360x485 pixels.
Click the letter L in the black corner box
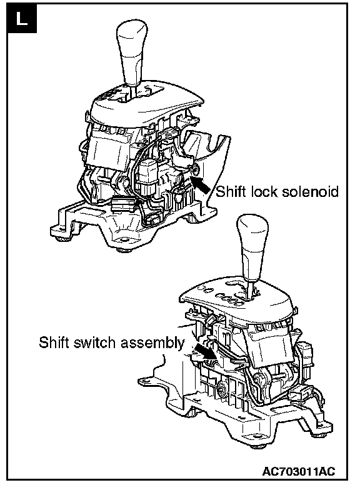coord(22,19)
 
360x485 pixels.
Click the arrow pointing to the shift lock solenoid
coord(201,185)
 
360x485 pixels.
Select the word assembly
coord(152,343)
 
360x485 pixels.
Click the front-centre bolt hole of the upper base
coord(124,240)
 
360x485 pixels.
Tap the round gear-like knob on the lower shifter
coord(222,388)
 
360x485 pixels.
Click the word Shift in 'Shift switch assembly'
coord(53,342)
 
